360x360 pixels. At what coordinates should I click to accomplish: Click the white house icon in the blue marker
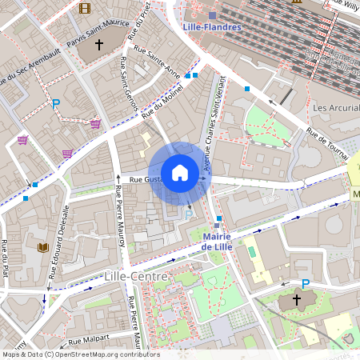pyautogui.click(x=180, y=172)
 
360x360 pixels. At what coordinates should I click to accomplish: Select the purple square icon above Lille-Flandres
pyautogui.click(x=212, y=15)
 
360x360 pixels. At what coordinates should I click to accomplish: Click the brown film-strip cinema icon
pyautogui.click(x=85, y=9)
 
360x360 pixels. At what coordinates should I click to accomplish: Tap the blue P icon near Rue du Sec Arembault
pyautogui.click(x=56, y=104)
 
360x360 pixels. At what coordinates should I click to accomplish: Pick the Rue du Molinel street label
pyautogui.click(x=162, y=103)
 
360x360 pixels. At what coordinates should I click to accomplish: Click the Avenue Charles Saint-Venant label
pyautogui.click(x=212, y=128)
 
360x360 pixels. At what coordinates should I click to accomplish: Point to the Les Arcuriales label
pyautogui.click(x=335, y=107)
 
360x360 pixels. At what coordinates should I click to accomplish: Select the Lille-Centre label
pyautogui.click(x=135, y=276)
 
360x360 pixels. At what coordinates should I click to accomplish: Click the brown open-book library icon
pyautogui.click(x=42, y=247)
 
